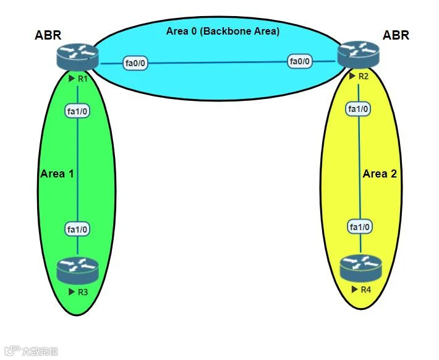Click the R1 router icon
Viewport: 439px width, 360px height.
pos(77,56)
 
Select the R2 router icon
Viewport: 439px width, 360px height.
pos(359,54)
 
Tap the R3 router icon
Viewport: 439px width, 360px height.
pos(77,271)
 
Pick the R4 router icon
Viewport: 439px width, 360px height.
pos(360,268)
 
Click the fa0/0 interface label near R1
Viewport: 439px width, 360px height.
pos(135,63)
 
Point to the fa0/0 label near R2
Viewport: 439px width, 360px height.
pos(300,61)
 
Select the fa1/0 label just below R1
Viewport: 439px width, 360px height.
pos(77,111)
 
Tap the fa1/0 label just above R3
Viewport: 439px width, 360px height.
pos(77,229)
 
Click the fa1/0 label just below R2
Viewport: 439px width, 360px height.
pos(359,109)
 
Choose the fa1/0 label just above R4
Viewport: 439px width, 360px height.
pos(360,226)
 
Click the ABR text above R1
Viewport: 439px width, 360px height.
pos(48,35)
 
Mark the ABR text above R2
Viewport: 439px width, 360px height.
pos(396,35)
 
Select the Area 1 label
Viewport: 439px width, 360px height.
pos(57,174)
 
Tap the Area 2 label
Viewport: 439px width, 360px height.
pos(380,174)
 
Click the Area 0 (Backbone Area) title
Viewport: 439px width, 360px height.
pos(223,31)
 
